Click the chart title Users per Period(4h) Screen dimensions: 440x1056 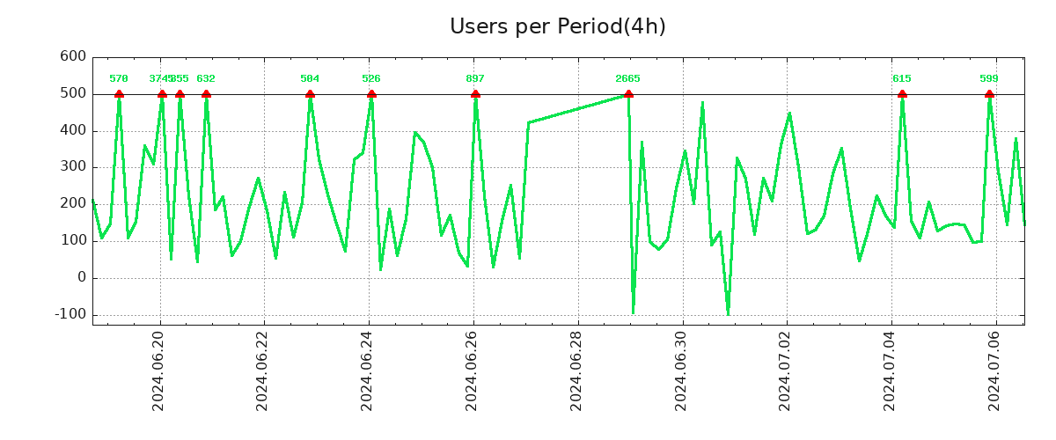(x=557, y=26)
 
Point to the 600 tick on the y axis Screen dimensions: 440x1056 (x=73, y=56)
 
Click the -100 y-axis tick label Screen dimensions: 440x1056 (x=70, y=314)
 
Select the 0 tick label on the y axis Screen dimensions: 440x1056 (x=81, y=277)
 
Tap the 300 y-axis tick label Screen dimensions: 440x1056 (x=73, y=166)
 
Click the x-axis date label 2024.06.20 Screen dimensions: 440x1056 (x=159, y=370)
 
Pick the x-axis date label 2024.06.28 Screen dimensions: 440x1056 (x=577, y=370)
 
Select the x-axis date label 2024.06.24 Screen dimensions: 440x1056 (x=368, y=370)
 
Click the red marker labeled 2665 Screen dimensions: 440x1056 (x=628, y=94)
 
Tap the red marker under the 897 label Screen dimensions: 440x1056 (x=475, y=94)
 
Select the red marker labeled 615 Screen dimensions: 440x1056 (x=902, y=94)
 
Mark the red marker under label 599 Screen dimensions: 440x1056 (x=989, y=94)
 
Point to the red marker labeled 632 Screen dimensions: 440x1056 (x=206, y=94)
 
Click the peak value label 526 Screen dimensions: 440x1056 (x=371, y=79)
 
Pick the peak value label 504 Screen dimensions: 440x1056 (x=310, y=79)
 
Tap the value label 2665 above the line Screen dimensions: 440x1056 (x=628, y=79)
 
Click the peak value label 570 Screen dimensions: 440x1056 (x=119, y=79)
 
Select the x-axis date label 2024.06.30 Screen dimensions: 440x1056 (x=682, y=370)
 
